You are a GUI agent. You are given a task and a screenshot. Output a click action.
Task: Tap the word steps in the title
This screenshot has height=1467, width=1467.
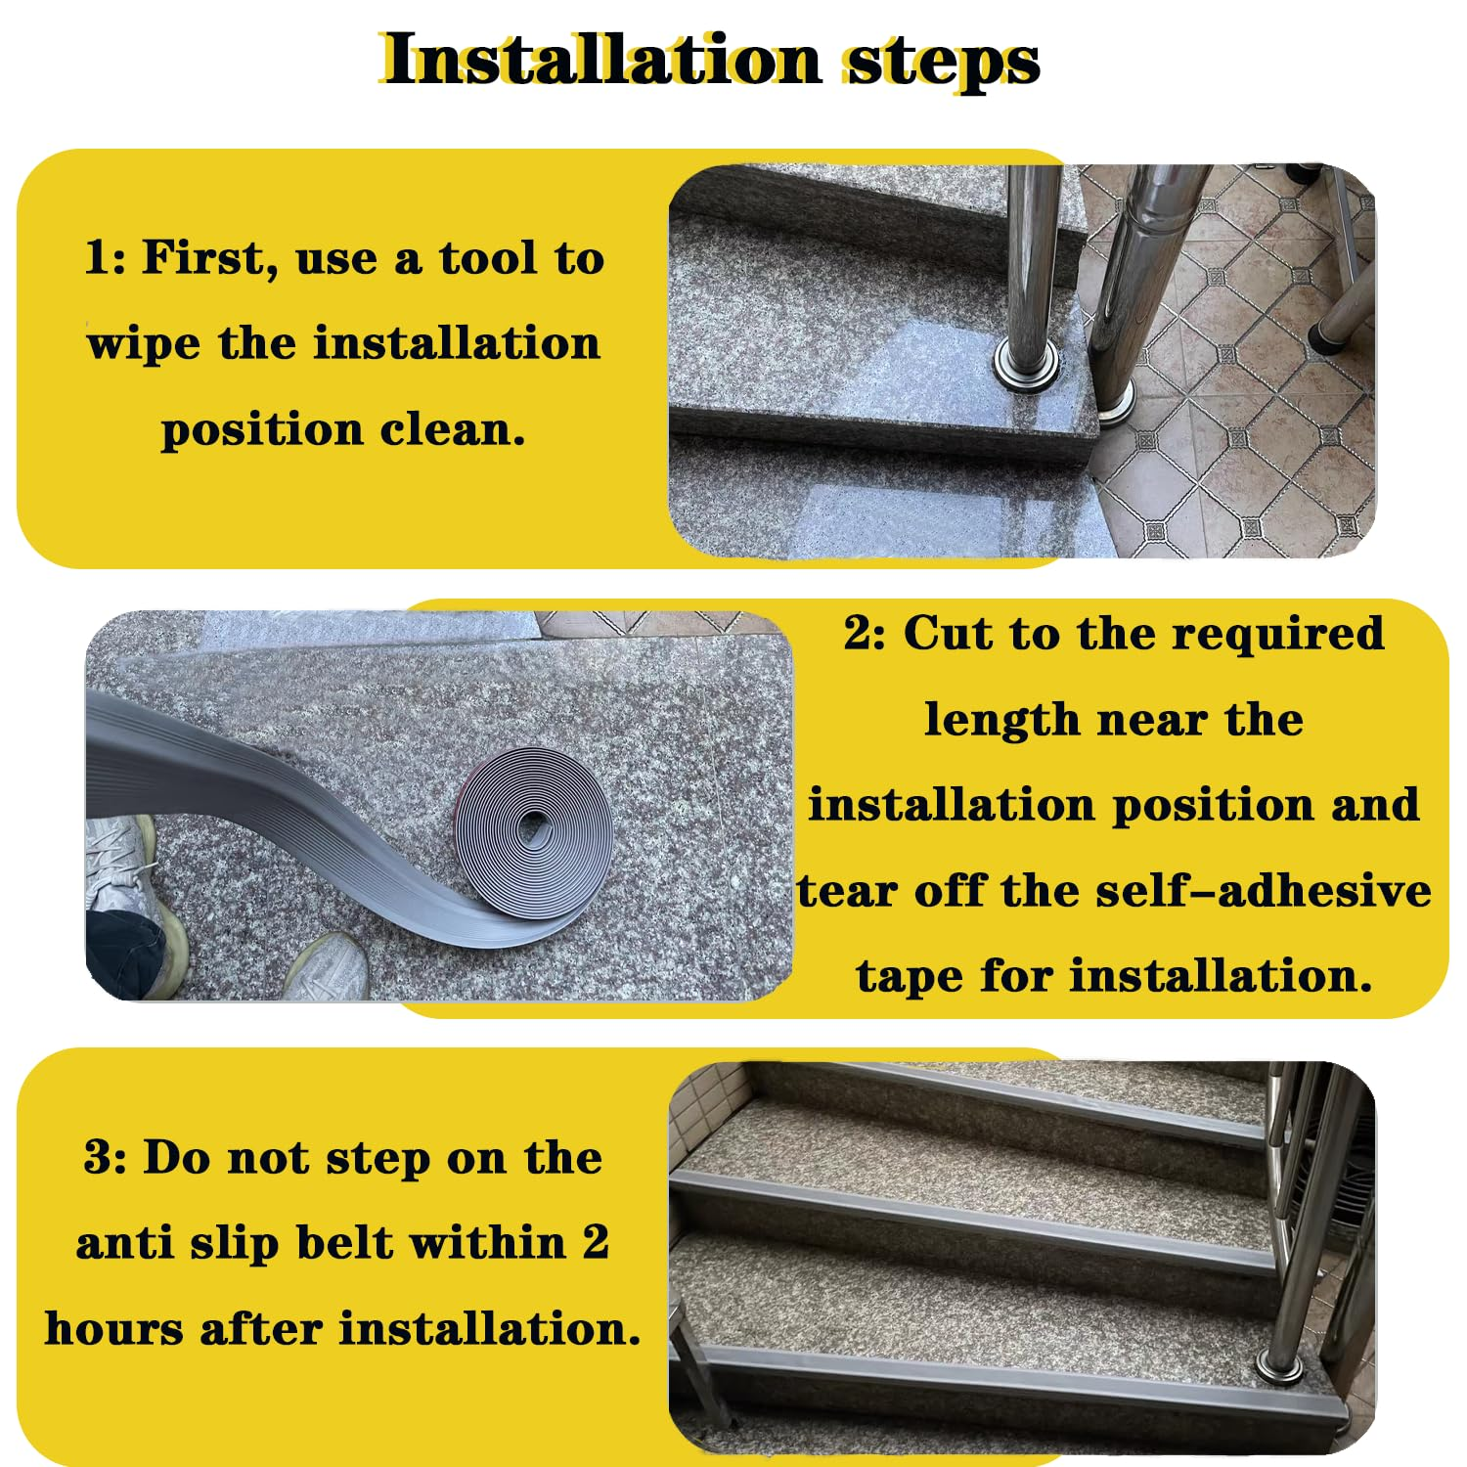click(x=941, y=61)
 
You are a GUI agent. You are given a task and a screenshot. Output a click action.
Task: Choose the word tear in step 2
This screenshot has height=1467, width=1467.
click(x=846, y=891)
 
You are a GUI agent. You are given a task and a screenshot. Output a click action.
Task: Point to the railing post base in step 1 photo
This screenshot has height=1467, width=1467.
click(x=1025, y=367)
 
